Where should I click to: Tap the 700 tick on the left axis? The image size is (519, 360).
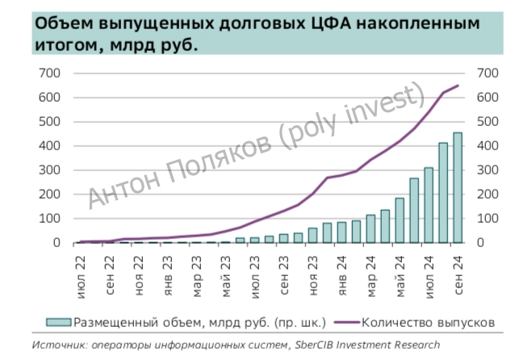pyautogui.click(x=49, y=73)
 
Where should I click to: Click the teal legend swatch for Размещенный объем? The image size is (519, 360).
pyautogui.click(x=59, y=320)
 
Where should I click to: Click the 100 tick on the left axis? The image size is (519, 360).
pyautogui.click(x=49, y=219)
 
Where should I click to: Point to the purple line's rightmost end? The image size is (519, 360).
pyautogui.click(x=458, y=86)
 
